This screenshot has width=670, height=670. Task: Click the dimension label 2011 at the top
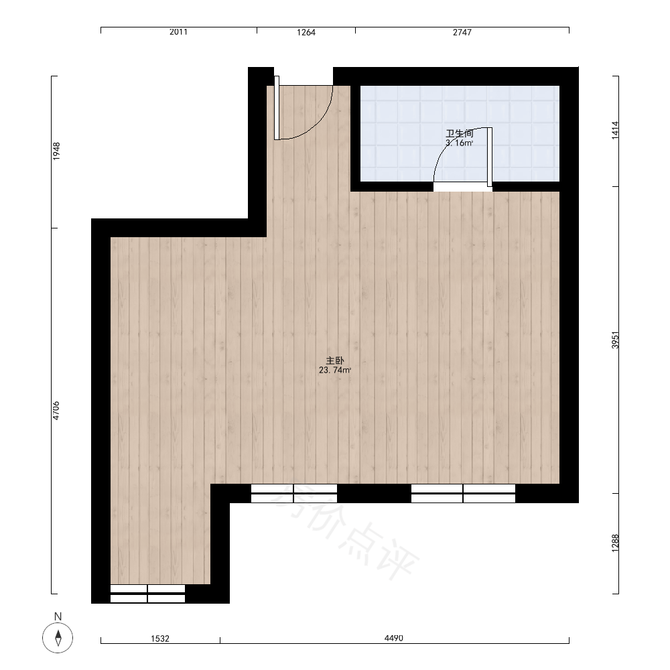pos(178,32)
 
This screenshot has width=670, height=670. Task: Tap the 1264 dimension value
pos(306,32)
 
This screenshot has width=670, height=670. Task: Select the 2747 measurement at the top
pos(462,32)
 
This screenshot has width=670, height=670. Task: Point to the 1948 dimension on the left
pos(56,151)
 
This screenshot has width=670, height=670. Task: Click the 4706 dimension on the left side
pos(56,411)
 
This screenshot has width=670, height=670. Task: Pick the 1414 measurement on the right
pos(615,131)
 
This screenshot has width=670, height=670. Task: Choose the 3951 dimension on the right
pos(615,340)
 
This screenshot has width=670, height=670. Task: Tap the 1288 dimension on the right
pos(615,543)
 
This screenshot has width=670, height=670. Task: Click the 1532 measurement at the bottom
pos(160,639)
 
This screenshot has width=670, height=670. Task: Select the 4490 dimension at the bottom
pos(393,638)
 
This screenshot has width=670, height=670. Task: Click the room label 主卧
pos(334,360)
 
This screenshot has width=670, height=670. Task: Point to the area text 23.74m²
pos(335,370)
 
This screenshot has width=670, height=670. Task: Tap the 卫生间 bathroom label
pos(460,133)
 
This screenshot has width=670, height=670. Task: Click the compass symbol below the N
pos(58,638)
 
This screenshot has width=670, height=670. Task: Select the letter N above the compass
pos(58,616)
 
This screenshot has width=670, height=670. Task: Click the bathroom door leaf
pos(490,157)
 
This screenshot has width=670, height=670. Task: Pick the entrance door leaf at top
pos(277,108)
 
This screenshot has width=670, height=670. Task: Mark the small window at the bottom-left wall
pos(147,594)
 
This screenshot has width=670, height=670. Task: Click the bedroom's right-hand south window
pos(463,493)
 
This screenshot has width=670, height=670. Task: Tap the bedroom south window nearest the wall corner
pos(294,493)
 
